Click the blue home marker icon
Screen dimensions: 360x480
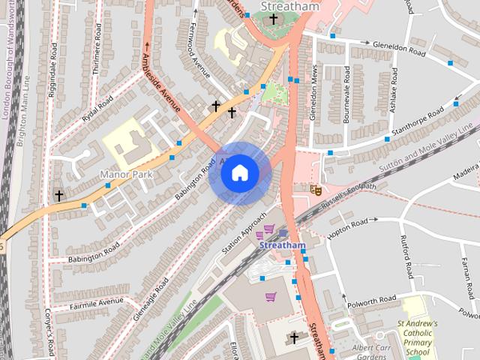[x=239, y=173]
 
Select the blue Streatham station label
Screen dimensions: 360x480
[x=283, y=245]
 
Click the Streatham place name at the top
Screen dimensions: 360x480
[x=289, y=7]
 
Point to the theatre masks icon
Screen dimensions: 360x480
[x=316, y=190]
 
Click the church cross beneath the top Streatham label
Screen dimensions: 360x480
[x=274, y=19]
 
